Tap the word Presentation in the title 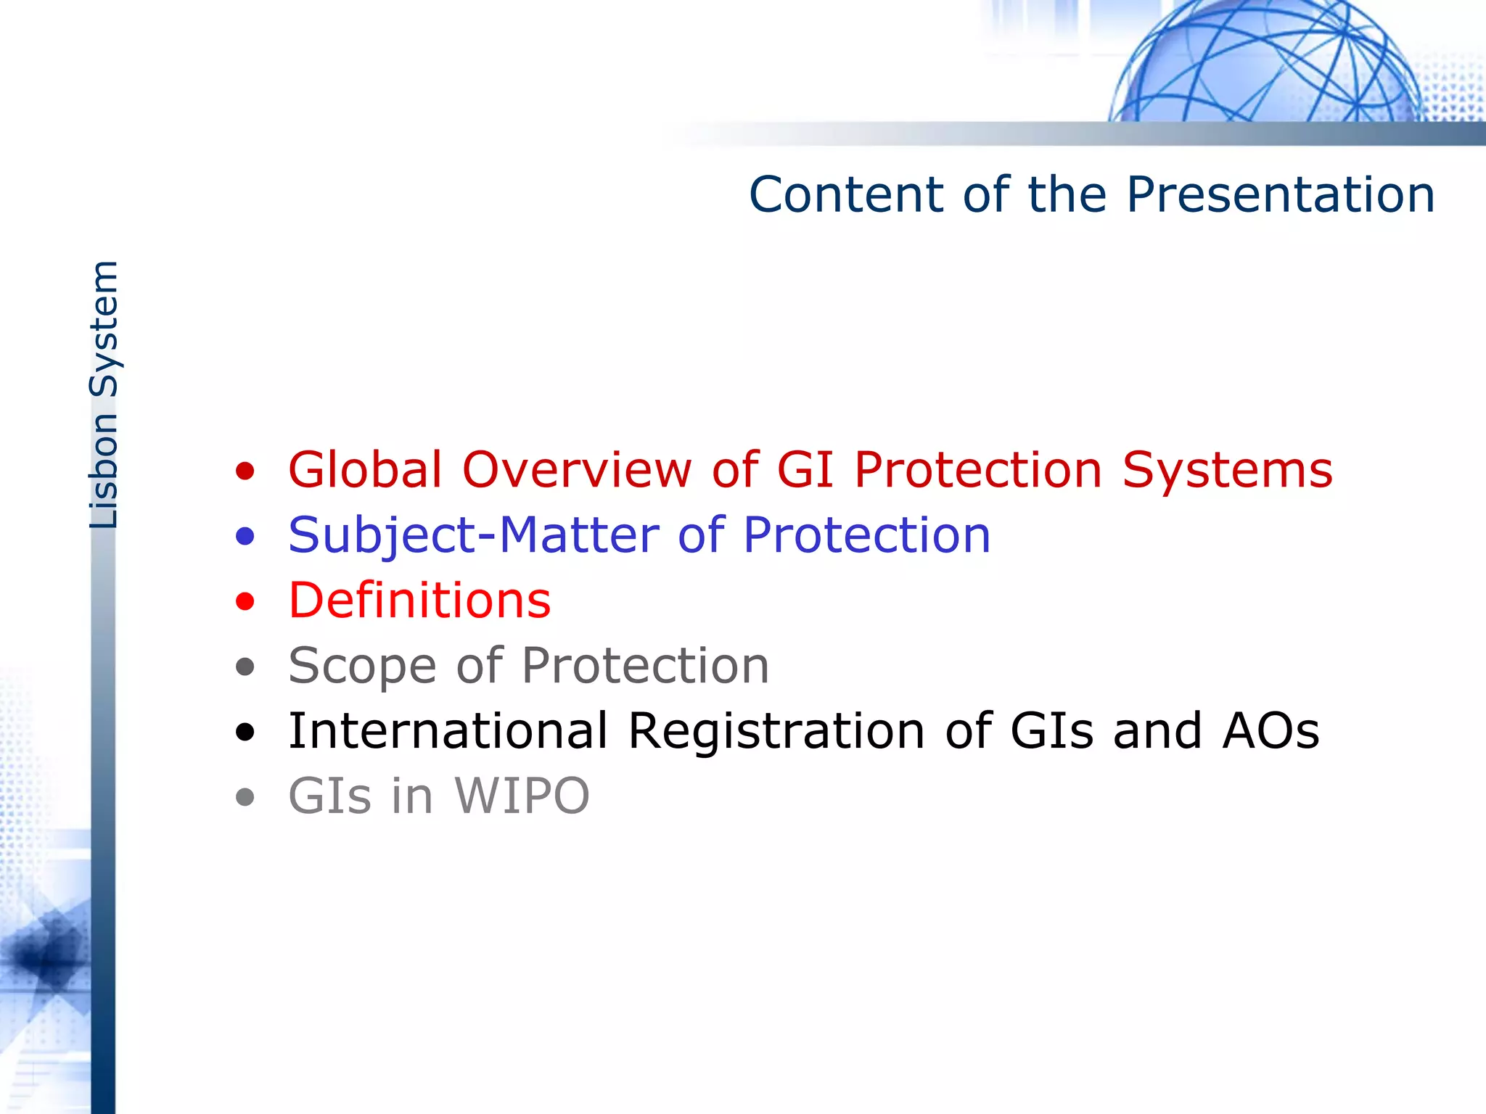coord(1280,195)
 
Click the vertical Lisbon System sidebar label coord(104,395)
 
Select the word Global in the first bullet coord(365,470)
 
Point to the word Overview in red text coord(578,470)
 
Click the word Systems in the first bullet coord(1227,470)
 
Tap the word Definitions coord(419,601)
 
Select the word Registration coord(776,731)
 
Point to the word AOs coord(1271,731)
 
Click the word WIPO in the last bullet coord(522,796)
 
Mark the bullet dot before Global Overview coord(245,471)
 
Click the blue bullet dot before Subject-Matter coord(245,537)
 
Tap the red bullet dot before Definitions coord(245,602)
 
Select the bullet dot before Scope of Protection coord(245,667)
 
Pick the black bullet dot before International coord(245,733)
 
